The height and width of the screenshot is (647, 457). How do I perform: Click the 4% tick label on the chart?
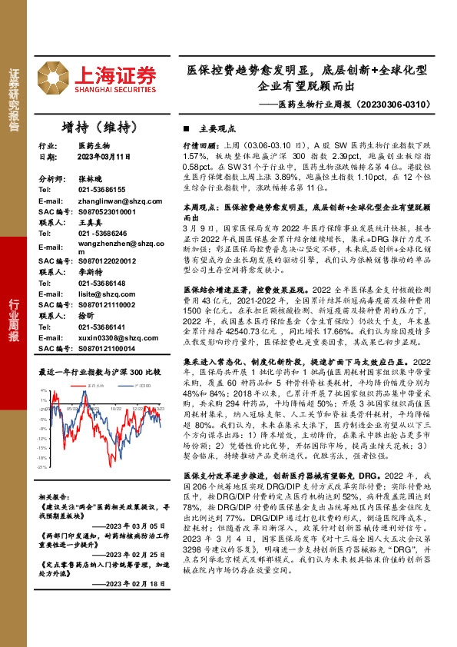pyautogui.click(x=45, y=390)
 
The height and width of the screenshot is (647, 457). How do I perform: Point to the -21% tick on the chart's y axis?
pyautogui.click(x=43, y=466)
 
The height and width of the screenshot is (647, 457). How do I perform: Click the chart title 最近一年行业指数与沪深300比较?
pyautogui.click(x=100, y=371)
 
